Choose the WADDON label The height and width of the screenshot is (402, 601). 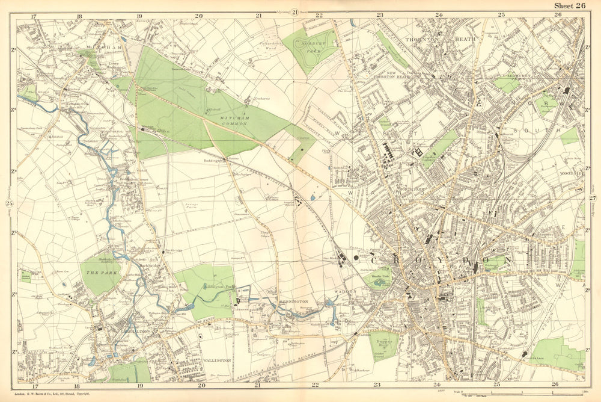click(x=346, y=291)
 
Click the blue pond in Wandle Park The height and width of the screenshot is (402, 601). click(x=380, y=281)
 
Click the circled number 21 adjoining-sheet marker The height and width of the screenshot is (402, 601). click(x=295, y=12)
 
